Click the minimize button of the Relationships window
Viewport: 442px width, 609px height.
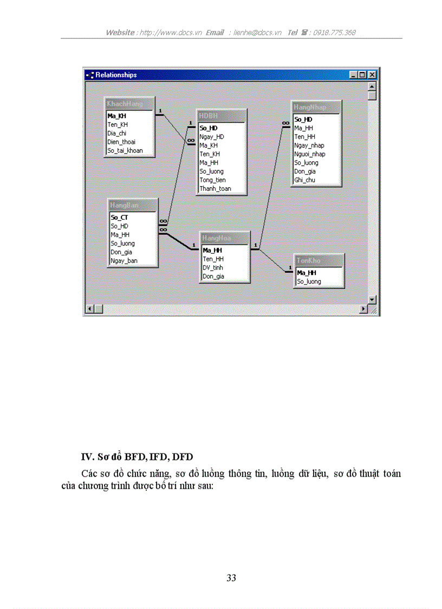coord(354,75)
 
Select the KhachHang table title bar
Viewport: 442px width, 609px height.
coord(129,104)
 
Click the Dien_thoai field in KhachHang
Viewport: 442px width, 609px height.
coord(121,142)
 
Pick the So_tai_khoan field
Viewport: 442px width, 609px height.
coord(125,151)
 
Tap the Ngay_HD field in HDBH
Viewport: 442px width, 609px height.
coord(211,137)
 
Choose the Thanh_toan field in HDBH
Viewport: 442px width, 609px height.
coord(215,189)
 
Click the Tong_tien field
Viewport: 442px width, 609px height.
coord(212,180)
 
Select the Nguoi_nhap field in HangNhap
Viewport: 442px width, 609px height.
coord(310,154)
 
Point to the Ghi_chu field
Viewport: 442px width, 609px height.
coord(304,180)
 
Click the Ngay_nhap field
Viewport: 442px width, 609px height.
coord(309,145)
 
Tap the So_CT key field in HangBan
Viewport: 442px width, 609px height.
coord(119,217)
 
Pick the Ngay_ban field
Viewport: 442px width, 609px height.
coord(124,261)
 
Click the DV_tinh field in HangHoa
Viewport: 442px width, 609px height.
coord(213,268)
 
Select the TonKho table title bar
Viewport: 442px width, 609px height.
coord(319,261)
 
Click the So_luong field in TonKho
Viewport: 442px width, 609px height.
coord(309,282)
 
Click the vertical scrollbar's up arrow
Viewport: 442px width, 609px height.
coord(372,86)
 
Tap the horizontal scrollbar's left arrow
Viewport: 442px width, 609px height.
coord(90,309)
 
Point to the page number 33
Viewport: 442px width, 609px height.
coord(231,578)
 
